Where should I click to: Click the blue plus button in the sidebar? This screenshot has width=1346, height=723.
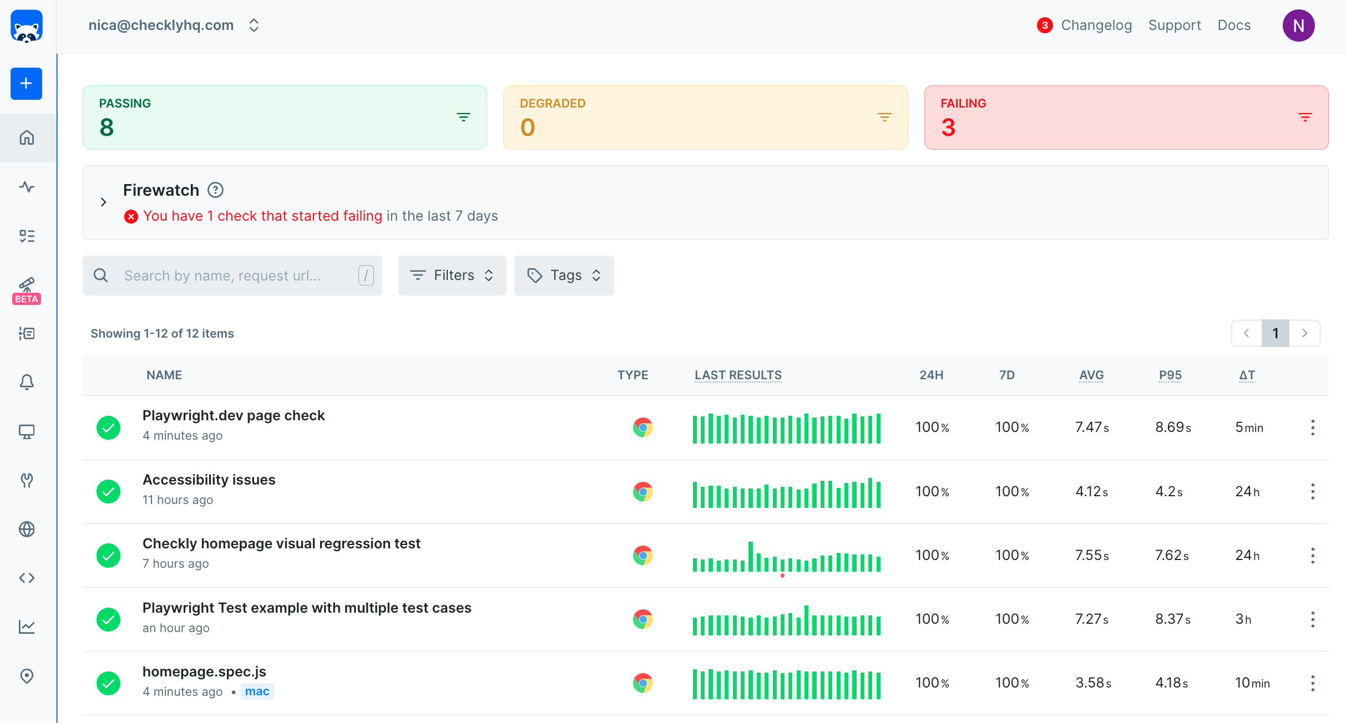tap(26, 84)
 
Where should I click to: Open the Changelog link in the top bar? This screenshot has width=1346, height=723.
tap(1096, 26)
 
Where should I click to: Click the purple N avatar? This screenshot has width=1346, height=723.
tap(1298, 26)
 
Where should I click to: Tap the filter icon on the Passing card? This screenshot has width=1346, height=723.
tap(463, 117)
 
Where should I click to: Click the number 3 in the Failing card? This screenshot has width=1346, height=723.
tap(948, 128)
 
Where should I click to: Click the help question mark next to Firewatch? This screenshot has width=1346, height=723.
tap(215, 190)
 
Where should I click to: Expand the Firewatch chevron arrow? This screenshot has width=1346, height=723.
tap(103, 202)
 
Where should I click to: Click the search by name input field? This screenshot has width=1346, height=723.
tap(233, 276)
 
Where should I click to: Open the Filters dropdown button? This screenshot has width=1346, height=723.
tap(452, 276)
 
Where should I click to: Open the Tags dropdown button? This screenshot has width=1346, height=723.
tap(564, 276)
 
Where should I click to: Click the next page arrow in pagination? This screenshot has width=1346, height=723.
tap(1304, 333)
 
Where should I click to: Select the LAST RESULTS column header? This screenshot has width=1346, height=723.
tap(738, 375)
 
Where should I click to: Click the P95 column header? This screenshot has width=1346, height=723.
tap(1170, 375)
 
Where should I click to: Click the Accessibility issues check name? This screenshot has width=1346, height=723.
tap(209, 480)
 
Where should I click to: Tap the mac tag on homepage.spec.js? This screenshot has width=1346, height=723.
tap(257, 691)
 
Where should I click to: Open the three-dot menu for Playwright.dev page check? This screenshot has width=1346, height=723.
tap(1312, 427)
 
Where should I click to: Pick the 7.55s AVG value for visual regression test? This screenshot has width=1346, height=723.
tap(1092, 556)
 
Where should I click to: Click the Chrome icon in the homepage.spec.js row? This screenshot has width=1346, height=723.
tap(642, 683)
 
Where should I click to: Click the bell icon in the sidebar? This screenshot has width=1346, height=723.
tap(27, 382)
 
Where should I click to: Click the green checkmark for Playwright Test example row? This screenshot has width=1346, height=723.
tap(109, 619)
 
